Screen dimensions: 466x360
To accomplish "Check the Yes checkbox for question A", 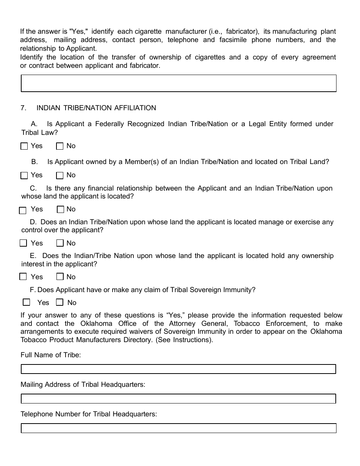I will (x=24, y=146).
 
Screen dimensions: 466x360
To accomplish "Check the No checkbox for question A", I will (x=59, y=146).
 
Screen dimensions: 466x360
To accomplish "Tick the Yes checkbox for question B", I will (x=24, y=175).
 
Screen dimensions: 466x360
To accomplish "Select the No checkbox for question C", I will (x=60, y=210).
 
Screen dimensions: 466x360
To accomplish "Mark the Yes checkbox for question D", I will (x=23, y=243).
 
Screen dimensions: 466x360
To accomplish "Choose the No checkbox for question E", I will (x=60, y=277).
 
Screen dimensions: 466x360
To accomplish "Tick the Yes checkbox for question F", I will (x=27, y=302).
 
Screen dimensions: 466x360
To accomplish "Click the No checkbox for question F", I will (x=59, y=302).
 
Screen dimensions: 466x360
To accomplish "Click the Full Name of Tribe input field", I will (x=178, y=369).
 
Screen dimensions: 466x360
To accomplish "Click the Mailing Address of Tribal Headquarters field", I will (x=178, y=399).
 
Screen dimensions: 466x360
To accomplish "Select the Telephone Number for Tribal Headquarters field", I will (x=178, y=428).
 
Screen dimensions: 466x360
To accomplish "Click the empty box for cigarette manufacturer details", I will (x=178, y=83).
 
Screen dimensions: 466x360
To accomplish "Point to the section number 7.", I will (x=23, y=108).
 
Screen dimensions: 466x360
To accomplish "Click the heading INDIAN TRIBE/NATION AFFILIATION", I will (x=96, y=108).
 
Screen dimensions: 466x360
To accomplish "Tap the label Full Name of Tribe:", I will (x=51, y=355).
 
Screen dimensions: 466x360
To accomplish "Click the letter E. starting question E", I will (x=33, y=256).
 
